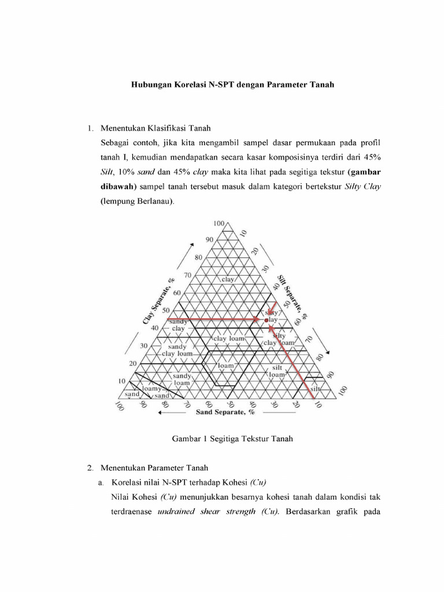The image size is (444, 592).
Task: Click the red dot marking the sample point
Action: coord(267,319)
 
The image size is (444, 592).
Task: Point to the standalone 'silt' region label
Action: coord(315,389)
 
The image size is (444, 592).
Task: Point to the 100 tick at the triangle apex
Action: coord(219,224)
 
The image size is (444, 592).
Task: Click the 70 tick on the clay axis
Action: coord(187,275)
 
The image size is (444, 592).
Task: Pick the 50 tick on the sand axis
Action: coord(231,405)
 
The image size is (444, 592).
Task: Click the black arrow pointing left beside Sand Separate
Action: coord(174,413)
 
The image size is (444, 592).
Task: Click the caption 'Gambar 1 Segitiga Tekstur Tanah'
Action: coord(233,439)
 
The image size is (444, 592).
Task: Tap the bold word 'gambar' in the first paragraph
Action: coord(364,172)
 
